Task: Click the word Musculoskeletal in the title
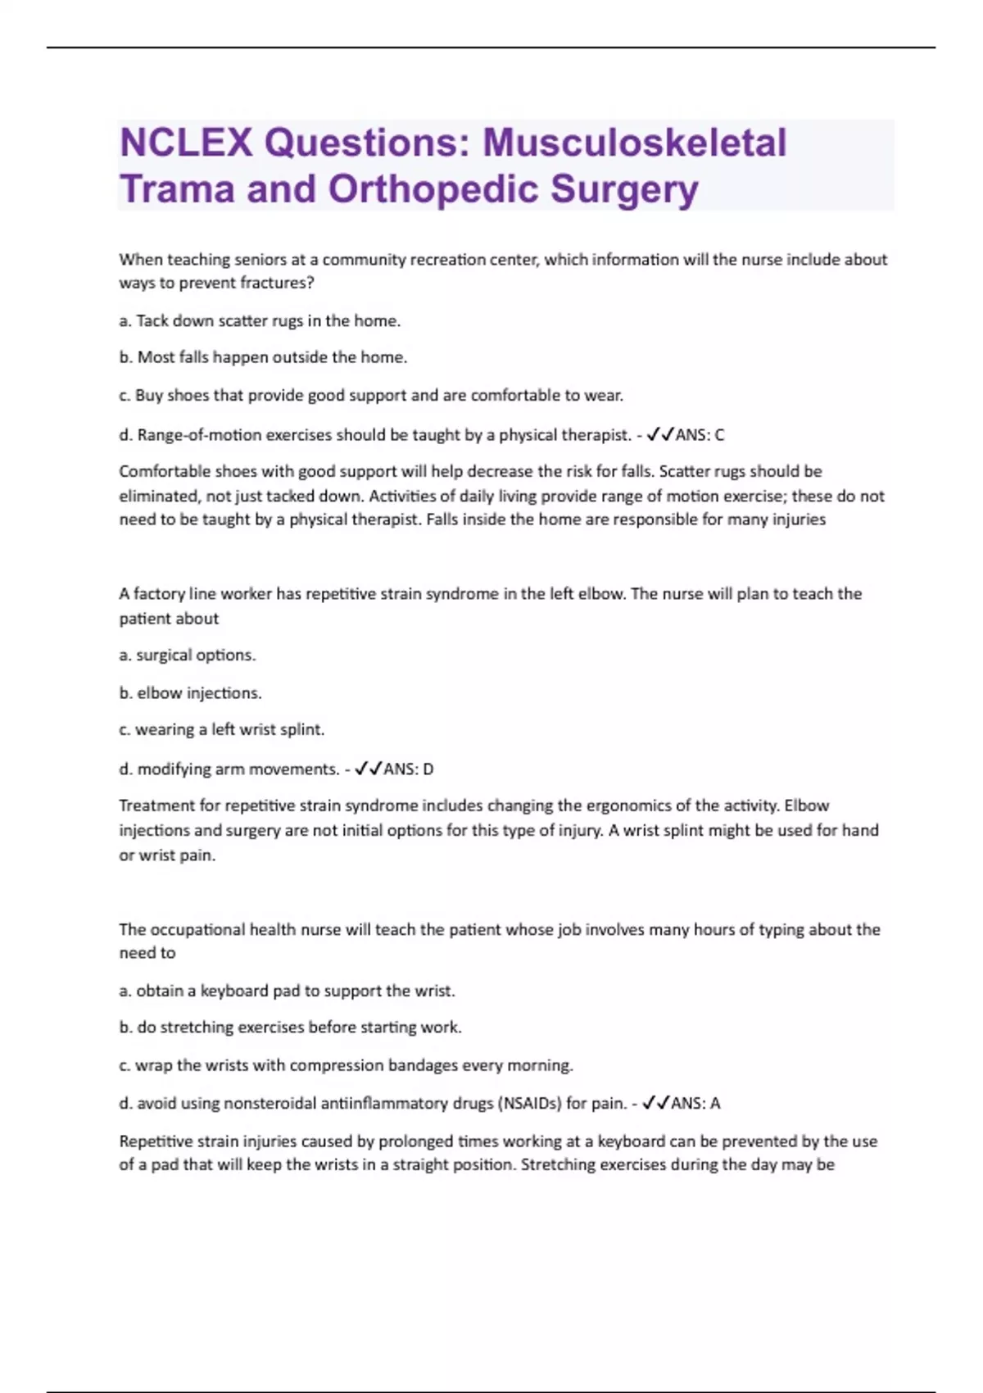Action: [634, 143]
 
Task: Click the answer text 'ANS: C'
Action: [700, 435]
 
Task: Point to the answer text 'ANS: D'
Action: [408, 769]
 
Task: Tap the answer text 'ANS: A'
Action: [695, 1104]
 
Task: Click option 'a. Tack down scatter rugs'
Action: [260, 321]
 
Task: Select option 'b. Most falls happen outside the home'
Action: [263, 357]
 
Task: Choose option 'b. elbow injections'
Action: [190, 693]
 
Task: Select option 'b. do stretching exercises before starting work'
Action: [291, 1028]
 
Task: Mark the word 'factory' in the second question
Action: [159, 594]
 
